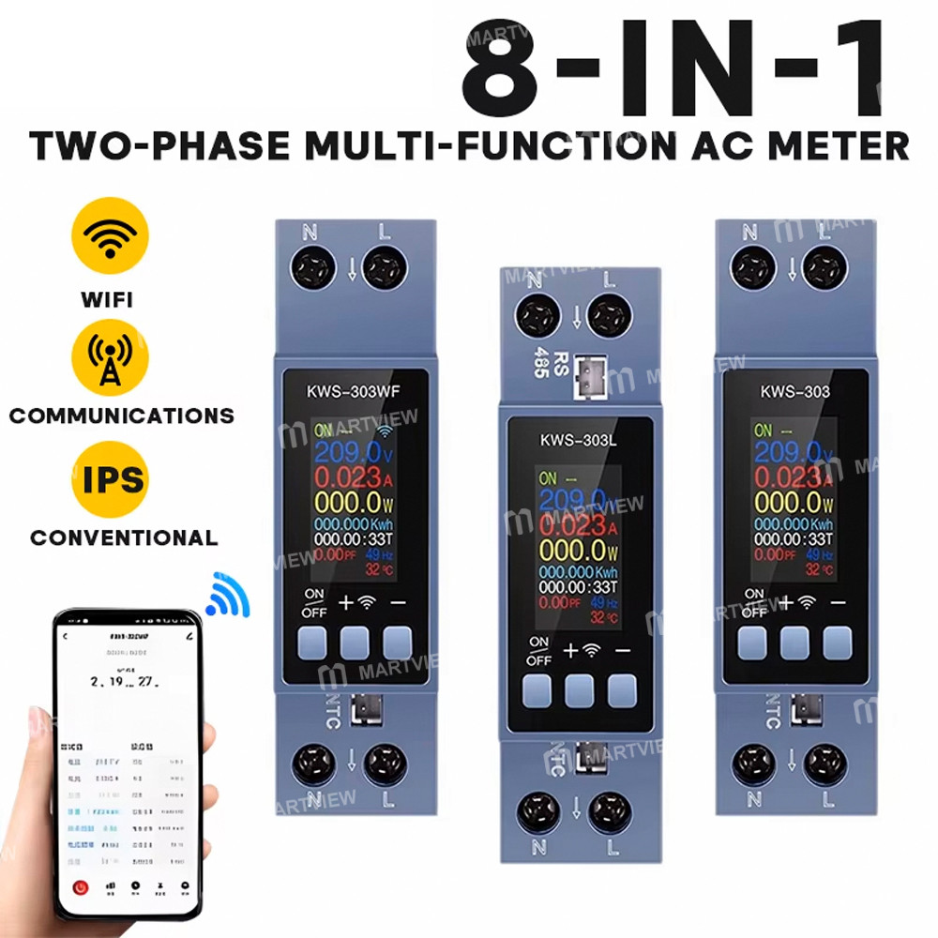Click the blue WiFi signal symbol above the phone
(x=228, y=597)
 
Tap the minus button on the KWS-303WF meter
(x=398, y=643)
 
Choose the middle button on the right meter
(x=794, y=642)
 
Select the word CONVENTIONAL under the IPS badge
(x=124, y=538)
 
